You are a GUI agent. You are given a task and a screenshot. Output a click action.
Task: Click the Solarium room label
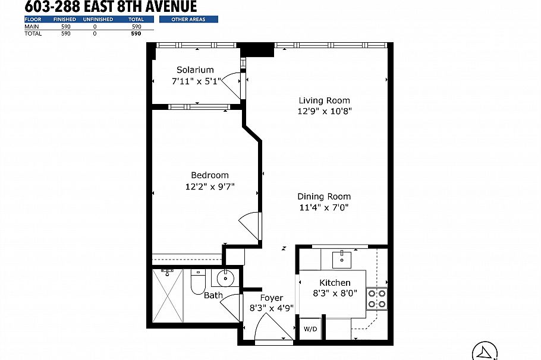(195, 70)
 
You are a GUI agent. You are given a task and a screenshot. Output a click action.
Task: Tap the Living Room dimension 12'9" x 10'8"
(324, 112)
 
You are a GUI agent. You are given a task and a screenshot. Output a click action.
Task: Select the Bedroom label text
(209, 175)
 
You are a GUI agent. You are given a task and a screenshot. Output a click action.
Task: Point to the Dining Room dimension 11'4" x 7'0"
(324, 207)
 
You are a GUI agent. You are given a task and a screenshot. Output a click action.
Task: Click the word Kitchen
(335, 283)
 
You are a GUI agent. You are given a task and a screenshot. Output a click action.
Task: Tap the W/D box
(310, 329)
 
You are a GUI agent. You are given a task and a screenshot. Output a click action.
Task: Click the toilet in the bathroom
(197, 283)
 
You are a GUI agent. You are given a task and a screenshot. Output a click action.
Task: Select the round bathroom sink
(225, 278)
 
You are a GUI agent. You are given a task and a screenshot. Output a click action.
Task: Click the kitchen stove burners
(377, 298)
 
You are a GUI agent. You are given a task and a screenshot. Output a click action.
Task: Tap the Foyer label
(271, 298)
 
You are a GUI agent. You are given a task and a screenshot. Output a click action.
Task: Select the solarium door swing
(233, 85)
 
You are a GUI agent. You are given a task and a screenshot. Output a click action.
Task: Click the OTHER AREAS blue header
(188, 20)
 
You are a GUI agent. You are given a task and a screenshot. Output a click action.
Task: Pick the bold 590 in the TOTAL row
(136, 34)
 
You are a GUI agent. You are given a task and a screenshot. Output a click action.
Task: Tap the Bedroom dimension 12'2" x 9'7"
(209, 186)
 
